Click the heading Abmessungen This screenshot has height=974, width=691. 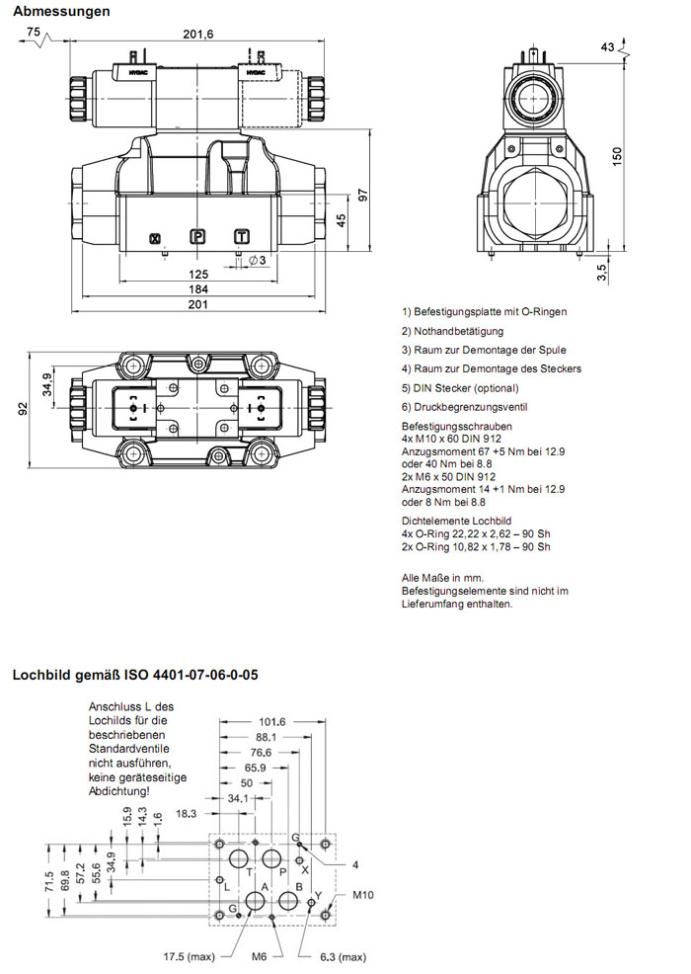pyautogui.click(x=60, y=11)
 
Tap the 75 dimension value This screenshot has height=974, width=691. pyautogui.click(x=34, y=33)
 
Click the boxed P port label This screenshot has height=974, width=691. pyautogui.click(x=197, y=236)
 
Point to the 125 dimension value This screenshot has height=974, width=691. pyautogui.click(x=197, y=274)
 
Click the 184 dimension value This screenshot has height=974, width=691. pyautogui.click(x=197, y=288)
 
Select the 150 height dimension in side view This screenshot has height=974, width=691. pyautogui.click(x=617, y=155)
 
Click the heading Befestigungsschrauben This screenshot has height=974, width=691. pyautogui.click(x=456, y=426)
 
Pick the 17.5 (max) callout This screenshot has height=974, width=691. pyautogui.click(x=189, y=956)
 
